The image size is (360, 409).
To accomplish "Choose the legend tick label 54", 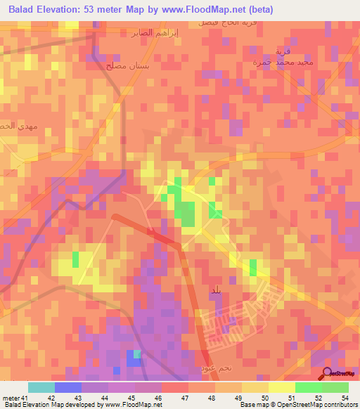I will [345, 398].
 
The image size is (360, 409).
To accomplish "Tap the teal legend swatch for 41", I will [41, 387].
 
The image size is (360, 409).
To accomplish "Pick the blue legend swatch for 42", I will [68, 387].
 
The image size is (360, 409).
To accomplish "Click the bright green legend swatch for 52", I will [308, 387].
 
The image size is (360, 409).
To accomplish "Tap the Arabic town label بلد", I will [215, 290].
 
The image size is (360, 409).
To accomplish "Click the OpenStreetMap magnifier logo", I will [328, 372].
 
